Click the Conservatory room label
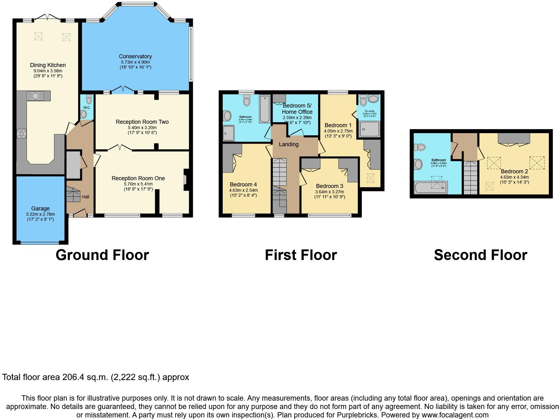coord(135,56)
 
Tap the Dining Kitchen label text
coord(48,65)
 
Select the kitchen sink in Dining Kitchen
coord(35,96)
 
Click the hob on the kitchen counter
coord(22,133)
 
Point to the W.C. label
coord(87,108)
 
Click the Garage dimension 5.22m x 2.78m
coord(40,214)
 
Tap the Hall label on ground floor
coord(85,197)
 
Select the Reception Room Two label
coord(142,122)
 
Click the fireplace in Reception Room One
coord(185,180)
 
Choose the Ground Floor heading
coord(102,255)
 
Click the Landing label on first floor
coord(289,144)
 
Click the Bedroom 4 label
coord(243,185)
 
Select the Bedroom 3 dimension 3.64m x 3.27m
coord(329,192)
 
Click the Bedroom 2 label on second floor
coord(514,171)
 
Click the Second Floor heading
coord(480,255)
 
